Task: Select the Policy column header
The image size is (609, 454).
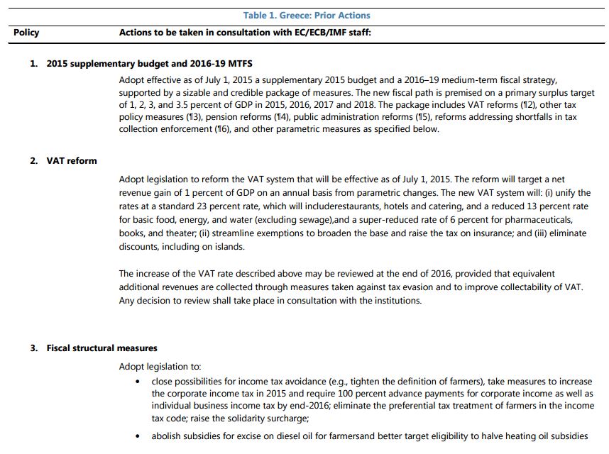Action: pos(26,33)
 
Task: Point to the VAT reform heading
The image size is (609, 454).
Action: pos(72,161)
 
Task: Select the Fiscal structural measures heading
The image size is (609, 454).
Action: pos(101,348)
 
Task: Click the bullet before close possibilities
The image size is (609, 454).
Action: pos(137,381)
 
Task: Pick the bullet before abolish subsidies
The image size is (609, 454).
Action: pos(137,436)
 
